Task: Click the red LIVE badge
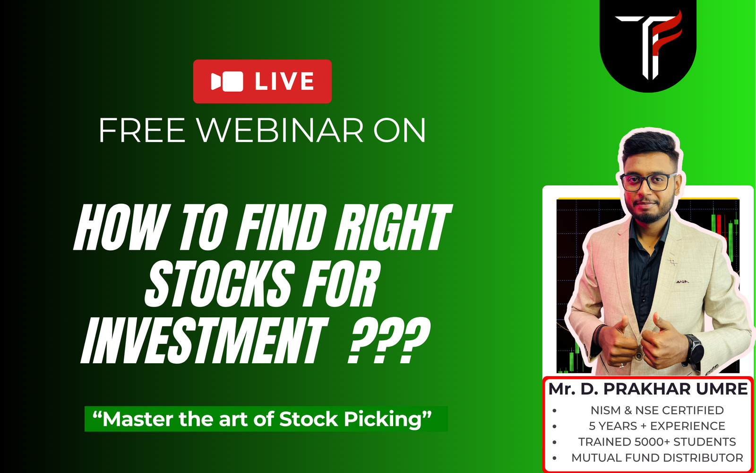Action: [x=262, y=81]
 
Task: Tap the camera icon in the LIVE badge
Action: [x=227, y=81]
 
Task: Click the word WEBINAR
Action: [x=280, y=131]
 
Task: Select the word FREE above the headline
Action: [x=142, y=131]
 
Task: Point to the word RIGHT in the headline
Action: [x=393, y=228]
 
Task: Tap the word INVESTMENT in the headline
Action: [x=204, y=340]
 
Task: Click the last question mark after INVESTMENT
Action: [x=416, y=340]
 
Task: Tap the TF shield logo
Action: [x=648, y=45]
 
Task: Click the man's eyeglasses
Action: [x=648, y=183]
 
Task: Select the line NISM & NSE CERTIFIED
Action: [x=657, y=410]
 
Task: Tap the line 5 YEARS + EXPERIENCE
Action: [x=657, y=426]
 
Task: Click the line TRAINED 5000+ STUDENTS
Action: [x=657, y=442]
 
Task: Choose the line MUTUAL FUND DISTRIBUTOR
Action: [x=657, y=458]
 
